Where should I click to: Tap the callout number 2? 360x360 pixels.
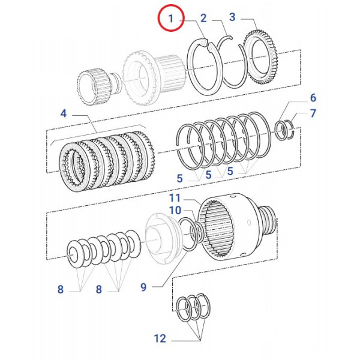[203, 18]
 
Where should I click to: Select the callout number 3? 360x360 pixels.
[233, 17]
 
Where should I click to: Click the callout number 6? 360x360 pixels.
[313, 98]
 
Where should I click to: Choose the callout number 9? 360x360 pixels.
[143, 287]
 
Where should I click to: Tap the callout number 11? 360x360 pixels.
[175, 197]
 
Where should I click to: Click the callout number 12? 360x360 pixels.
[159, 338]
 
